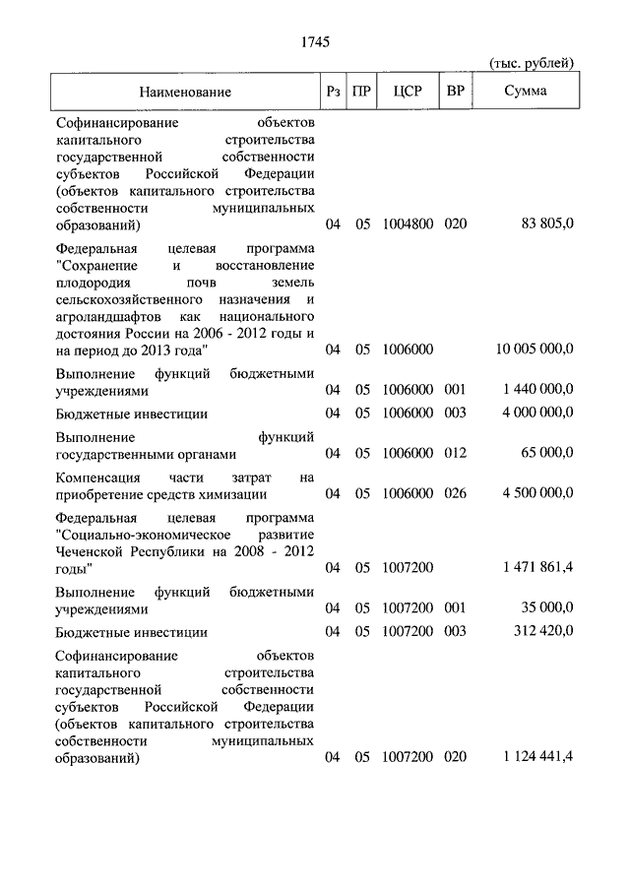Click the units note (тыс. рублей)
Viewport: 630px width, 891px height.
tap(532, 64)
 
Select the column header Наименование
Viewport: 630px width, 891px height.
tap(185, 92)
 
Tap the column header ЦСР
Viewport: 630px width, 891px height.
tap(407, 92)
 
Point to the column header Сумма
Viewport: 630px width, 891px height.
tap(527, 92)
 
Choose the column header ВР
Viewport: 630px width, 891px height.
tap(455, 92)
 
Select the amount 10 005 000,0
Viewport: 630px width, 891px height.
tap(535, 350)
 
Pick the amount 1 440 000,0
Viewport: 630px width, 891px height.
tap(539, 390)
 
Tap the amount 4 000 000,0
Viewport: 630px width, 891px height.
tap(537, 414)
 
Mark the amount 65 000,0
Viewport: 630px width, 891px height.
tap(547, 453)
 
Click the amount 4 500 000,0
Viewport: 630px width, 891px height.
tap(537, 493)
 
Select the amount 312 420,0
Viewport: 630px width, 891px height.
tap(545, 632)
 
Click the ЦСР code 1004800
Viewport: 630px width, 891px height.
tap(407, 224)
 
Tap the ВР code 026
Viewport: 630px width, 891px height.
tap(455, 493)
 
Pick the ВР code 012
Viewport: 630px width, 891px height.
tap(455, 453)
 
